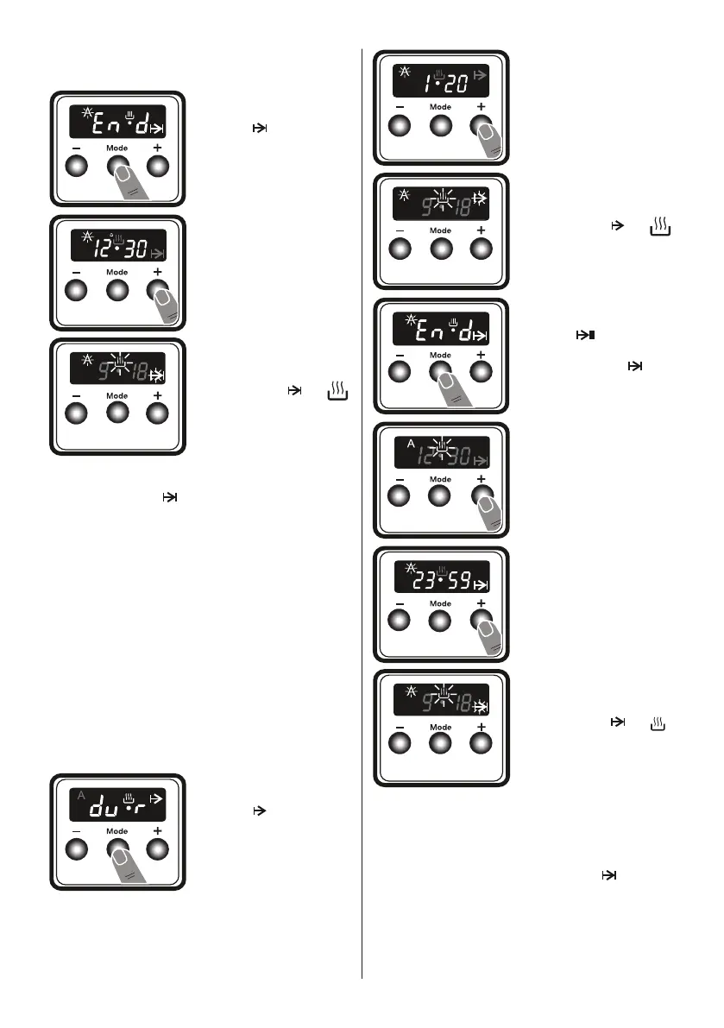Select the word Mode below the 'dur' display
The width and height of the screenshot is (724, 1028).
point(116,831)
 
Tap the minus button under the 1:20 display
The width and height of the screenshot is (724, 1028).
point(400,128)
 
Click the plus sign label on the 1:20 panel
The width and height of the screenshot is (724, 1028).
point(481,107)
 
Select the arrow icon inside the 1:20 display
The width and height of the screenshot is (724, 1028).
point(481,77)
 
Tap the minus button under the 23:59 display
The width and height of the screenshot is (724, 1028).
point(400,621)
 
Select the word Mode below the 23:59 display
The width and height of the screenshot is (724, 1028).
point(440,602)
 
